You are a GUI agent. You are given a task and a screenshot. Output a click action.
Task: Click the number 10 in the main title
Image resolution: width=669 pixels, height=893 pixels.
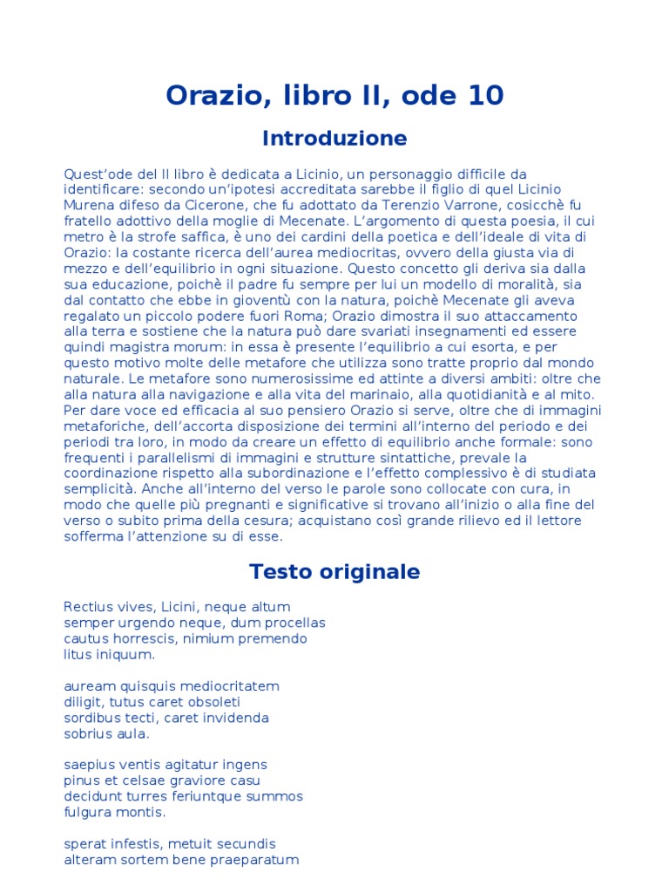click(x=483, y=95)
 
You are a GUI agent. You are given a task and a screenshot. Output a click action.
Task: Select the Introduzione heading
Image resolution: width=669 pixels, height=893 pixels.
click(x=334, y=139)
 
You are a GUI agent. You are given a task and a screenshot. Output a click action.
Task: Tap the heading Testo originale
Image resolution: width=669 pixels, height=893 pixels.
click(x=334, y=572)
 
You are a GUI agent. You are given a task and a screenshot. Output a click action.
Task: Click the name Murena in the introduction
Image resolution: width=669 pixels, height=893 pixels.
click(x=89, y=205)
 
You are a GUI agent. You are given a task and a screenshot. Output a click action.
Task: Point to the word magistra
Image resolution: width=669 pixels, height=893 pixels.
click(x=145, y=347)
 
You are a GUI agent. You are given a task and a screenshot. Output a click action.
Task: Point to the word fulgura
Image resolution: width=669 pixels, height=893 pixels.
click(x=91, y=813)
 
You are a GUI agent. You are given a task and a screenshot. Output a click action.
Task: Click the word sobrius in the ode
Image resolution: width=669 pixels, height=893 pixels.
click(x=89, y=733)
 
